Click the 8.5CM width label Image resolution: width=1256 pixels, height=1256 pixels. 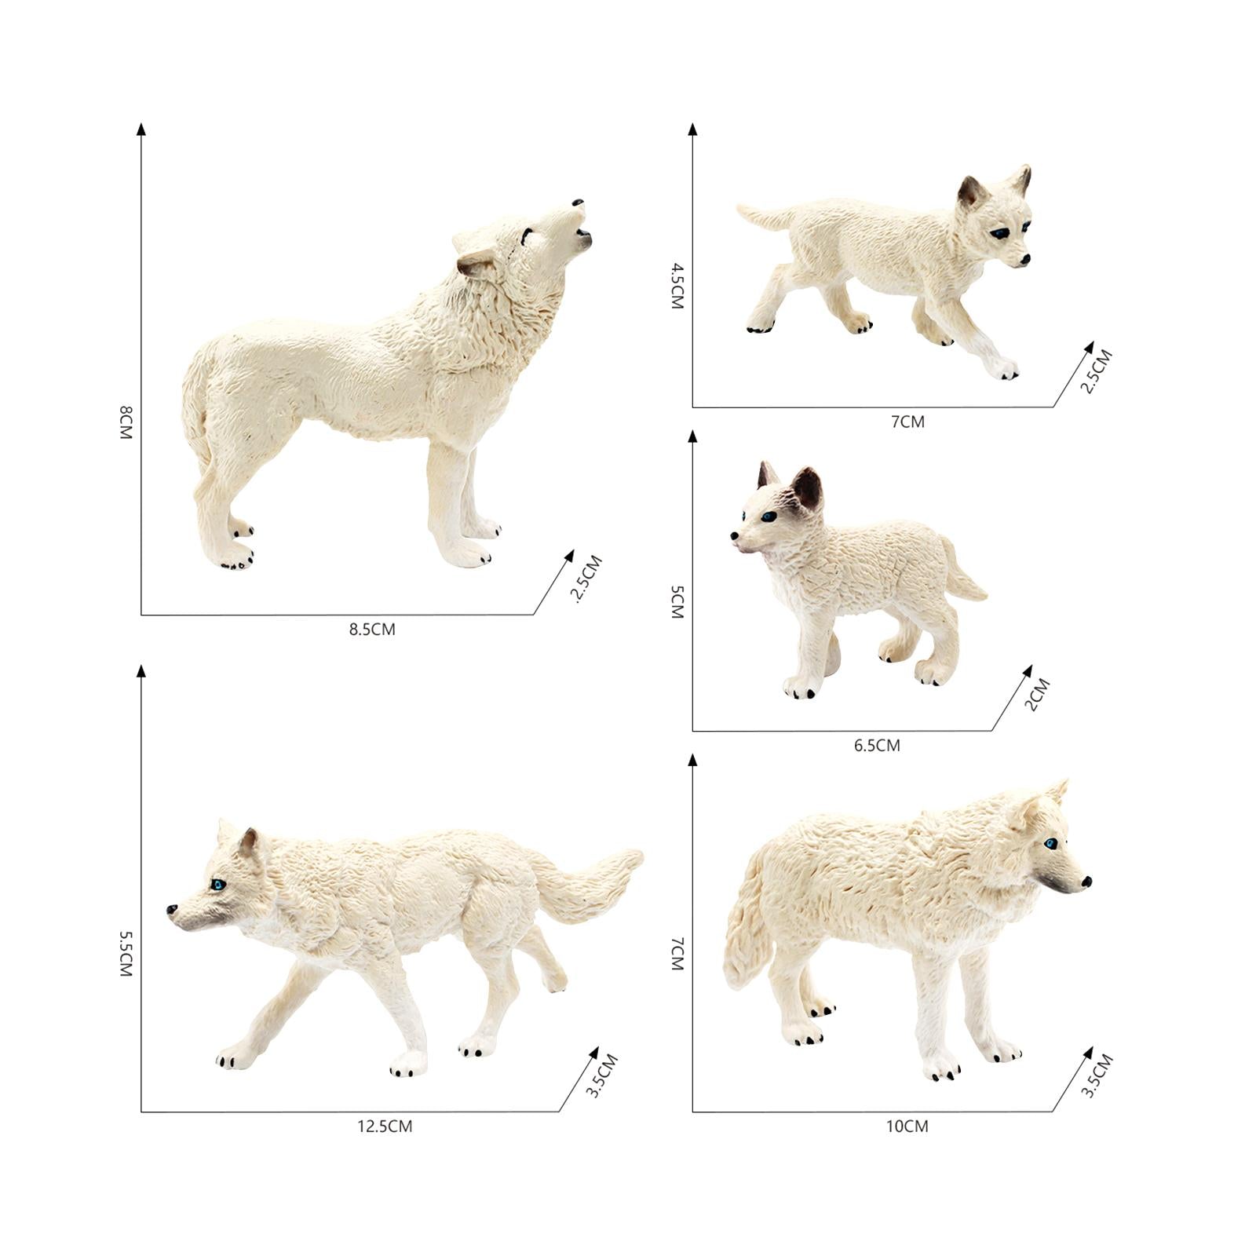click(372, 629)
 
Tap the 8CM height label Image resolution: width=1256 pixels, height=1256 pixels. click(126, 422)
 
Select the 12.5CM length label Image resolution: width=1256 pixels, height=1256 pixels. click(385, 1126)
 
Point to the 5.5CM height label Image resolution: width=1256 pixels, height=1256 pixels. click(126, 953)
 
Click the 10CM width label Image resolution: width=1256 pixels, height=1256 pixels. click(907, 1126)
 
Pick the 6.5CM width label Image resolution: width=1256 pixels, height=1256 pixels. click(877, 745)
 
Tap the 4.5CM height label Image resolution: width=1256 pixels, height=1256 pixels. click(677, 286)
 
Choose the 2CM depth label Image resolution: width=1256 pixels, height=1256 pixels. click(1037, 695)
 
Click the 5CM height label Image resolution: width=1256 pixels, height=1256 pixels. click(677, 602)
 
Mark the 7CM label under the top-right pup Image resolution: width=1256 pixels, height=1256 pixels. click(907, 422)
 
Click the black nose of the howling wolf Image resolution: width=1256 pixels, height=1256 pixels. click(579, 203)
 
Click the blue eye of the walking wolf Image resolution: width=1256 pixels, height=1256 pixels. click(218, 885)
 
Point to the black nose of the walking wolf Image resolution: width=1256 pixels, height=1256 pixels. click(172, 909)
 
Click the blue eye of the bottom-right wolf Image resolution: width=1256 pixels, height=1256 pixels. click(1050, 844)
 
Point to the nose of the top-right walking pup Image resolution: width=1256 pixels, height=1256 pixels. click(1024, 260)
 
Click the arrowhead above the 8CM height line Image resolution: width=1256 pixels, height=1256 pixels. click(141, 129)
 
